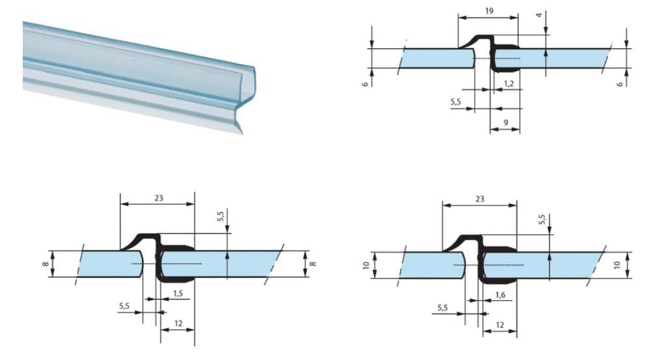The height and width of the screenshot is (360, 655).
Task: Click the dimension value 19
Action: [x=489, y=11]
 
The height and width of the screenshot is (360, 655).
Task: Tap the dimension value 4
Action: [x=539, y=16]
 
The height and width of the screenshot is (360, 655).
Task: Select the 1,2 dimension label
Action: [x=509, y=83]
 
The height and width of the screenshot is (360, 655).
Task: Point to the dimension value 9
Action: [x=505, y=122]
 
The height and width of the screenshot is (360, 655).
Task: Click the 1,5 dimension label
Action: [x=178, y=293]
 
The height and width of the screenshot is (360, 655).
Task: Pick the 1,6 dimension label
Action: [x=500, y=295]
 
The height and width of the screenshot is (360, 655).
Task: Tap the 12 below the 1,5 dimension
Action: [x=178, y=324]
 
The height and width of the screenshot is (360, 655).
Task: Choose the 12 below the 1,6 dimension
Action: [x=499, y=325]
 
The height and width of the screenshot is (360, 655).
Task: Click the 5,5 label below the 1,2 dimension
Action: [x=456, y=102]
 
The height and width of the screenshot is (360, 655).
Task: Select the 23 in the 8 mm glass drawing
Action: [x=158, y=198]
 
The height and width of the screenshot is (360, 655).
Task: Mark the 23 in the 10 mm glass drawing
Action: [x=480, y=199]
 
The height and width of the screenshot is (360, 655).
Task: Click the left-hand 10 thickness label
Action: [x=367, y=265]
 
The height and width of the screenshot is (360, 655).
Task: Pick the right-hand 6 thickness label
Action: [x=620, y=84]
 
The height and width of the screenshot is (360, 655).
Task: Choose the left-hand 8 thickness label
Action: [x=46, y=264]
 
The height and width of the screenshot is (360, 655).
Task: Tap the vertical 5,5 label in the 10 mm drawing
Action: [x=542, y=219]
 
